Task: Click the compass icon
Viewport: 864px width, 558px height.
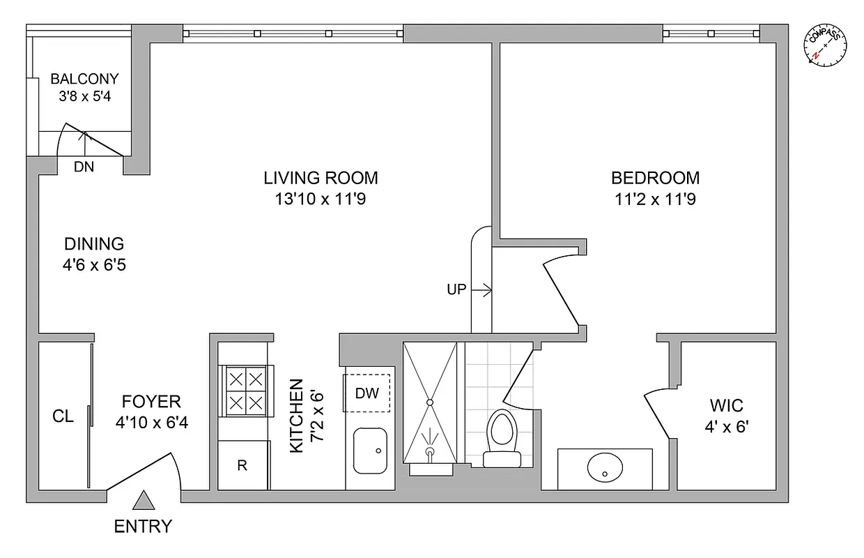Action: pos(826,45)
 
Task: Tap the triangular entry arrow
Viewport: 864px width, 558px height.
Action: pos(144,501)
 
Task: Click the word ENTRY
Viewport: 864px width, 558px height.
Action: pos(143,527)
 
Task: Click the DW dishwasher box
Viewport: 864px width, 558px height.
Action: pos(367,393)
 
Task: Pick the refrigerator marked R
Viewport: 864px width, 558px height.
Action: pos(242,465)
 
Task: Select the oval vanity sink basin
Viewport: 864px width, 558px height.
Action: pos(605,469)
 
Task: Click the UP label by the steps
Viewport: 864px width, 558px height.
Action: pos(456,289)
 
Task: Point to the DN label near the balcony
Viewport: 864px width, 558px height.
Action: pos(84,167)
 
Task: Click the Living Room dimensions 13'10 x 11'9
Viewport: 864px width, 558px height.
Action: pos(321,199)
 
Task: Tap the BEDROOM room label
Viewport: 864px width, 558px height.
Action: pos(655,178)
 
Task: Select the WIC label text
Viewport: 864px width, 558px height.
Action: pos(726,405)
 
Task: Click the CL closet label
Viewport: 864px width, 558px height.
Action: pos(63,416)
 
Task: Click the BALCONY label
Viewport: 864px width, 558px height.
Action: pos(84,79)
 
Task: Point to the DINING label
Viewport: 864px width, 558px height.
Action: pos(94,244)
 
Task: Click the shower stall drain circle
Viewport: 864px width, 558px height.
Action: pos(430,402)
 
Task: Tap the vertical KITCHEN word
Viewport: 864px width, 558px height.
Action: pos(297,416)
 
